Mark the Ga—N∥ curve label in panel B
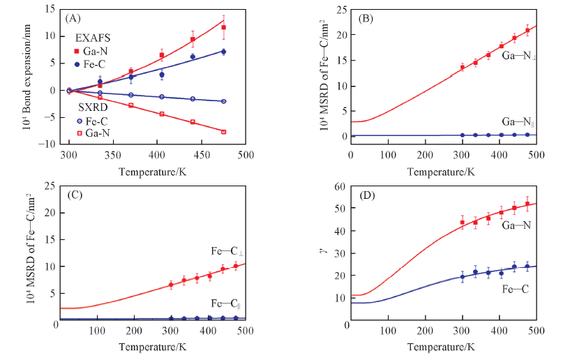tap(516, 121)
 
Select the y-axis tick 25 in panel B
tap(341, 9)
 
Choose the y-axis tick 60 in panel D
tap(341, 186)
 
